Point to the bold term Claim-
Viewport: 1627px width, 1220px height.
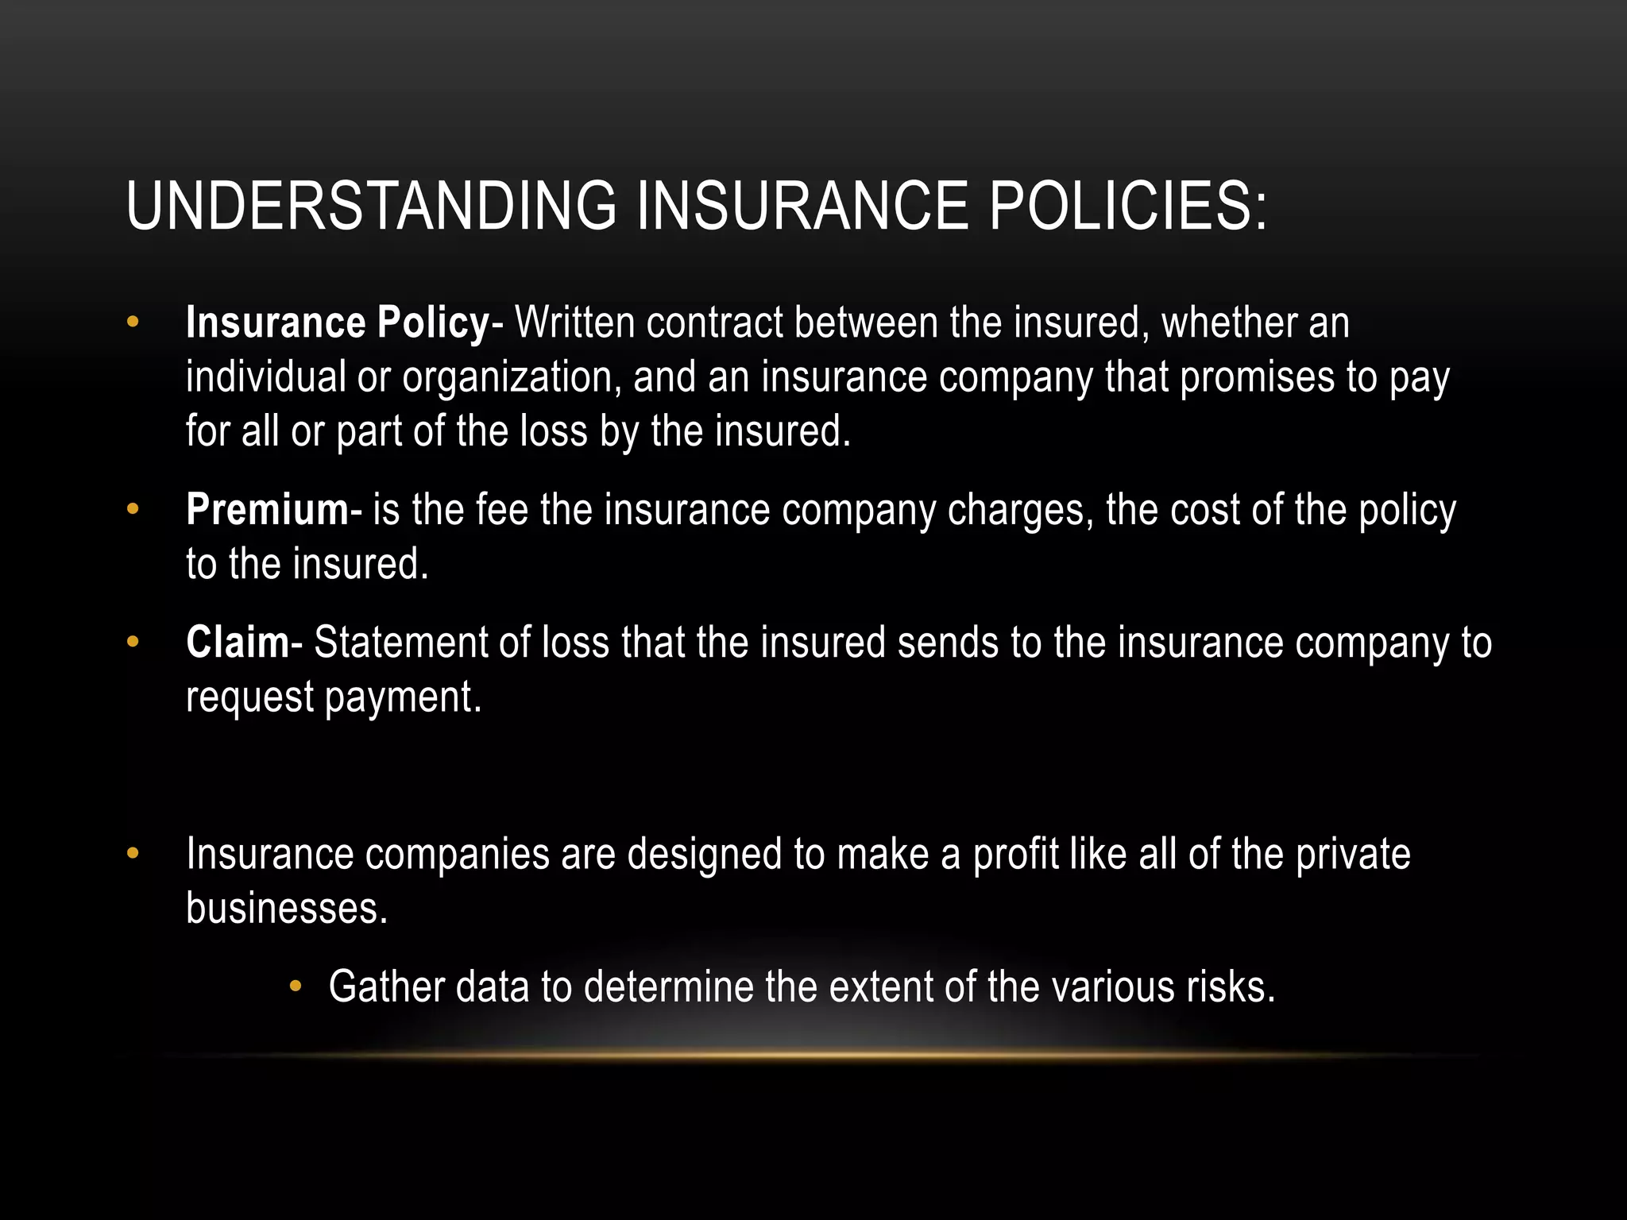click(x=243, y=643)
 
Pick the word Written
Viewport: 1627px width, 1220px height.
click(x=575, y=324)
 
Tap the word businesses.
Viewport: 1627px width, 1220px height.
click(x=287, y=909)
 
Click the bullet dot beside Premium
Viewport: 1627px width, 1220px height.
click(x=133, y=508)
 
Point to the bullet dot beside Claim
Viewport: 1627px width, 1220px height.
click(x=133, y=641)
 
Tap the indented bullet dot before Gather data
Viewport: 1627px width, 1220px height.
click(x=296, y=986)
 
